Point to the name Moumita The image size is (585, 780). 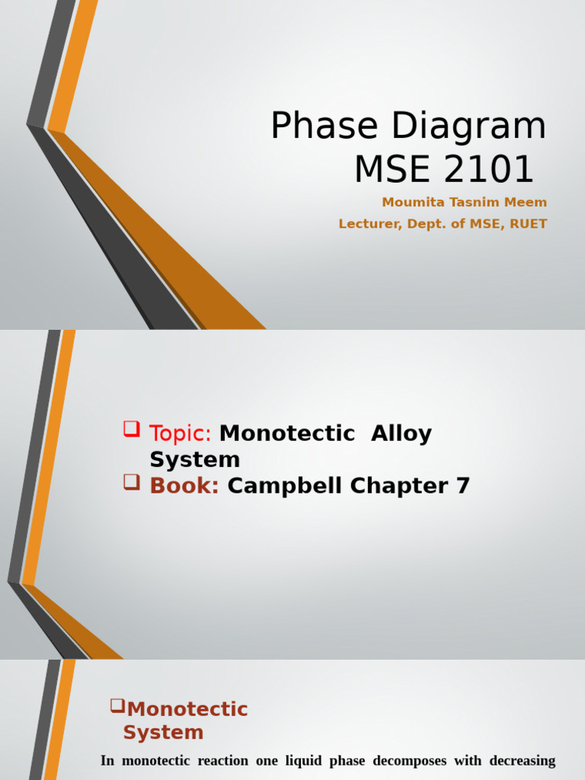[x=412, y=203]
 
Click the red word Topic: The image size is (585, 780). [x=181, y=433]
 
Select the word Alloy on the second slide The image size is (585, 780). [x=401, y=433]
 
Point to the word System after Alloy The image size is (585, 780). [x=195, y=459]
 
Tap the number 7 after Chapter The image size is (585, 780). [x=463, y=485]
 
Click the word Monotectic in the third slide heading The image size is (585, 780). [x=187, y=709]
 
